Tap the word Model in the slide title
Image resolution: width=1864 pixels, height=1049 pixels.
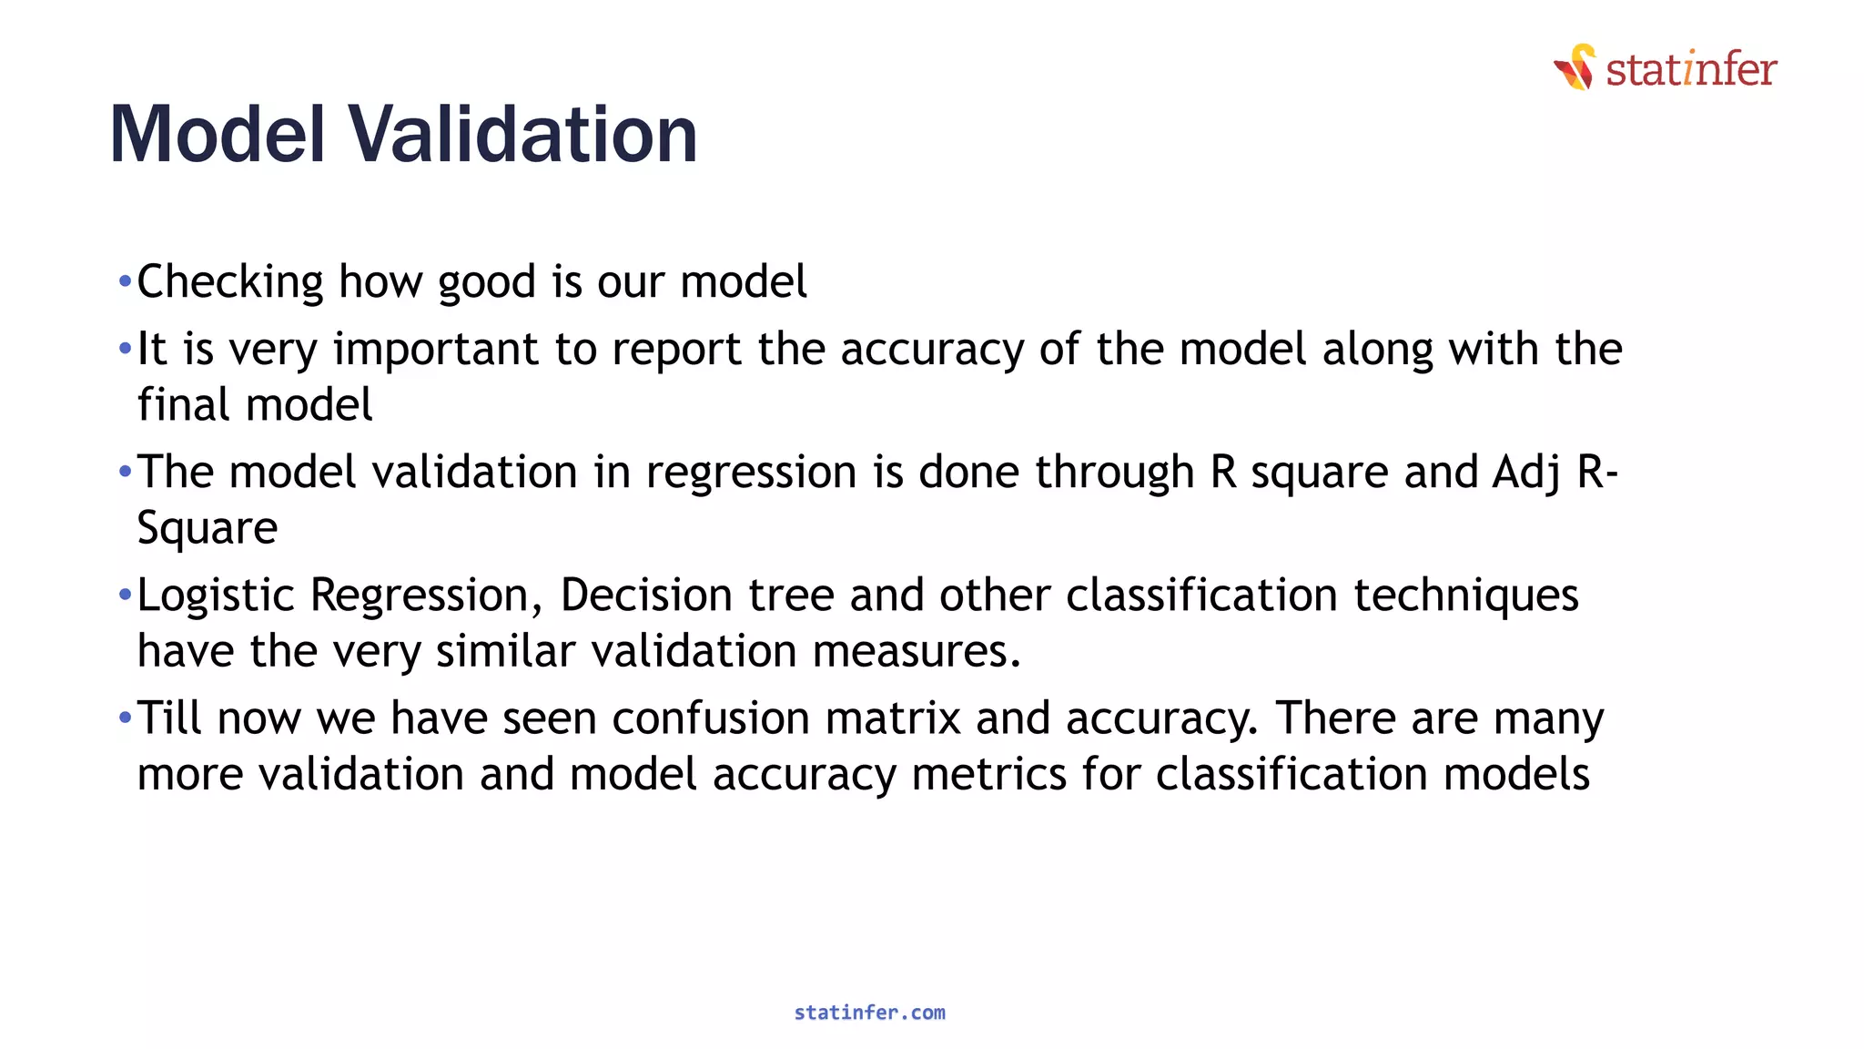coord(217,135)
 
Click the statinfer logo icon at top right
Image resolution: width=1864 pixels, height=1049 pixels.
coord(1575,67)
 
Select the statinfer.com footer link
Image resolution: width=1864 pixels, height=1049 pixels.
coord(869,1013)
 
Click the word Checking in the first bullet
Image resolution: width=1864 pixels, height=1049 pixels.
coord(229,282)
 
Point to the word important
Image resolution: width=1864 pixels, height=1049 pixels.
coord(436,351)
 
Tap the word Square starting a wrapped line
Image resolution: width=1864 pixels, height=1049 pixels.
coord(207,528)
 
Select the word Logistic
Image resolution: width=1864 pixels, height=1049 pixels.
coord(216,596)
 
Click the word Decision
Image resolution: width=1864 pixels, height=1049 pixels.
coord(645,596)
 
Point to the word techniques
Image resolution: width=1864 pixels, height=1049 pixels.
coord(1465,596)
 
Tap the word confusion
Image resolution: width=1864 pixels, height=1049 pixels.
coord(710,718)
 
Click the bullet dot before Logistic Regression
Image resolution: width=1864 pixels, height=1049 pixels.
coord(125,596)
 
